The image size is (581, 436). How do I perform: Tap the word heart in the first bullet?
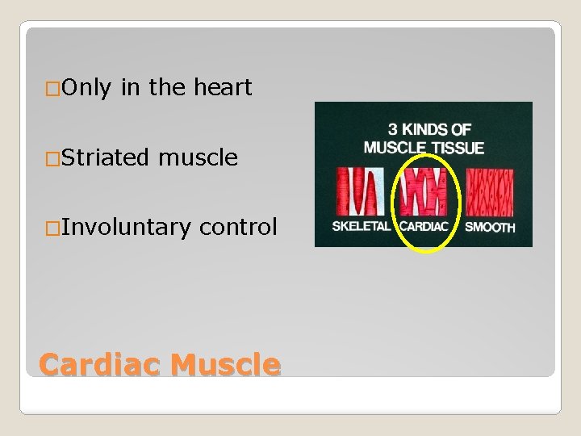223,87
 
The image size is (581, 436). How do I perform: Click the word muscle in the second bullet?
199,157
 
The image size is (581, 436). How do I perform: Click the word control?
238,227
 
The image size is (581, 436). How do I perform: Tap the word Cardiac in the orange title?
102,365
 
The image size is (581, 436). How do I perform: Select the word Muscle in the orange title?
226,365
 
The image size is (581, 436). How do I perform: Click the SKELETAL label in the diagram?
361,226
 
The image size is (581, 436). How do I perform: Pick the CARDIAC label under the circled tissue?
424,226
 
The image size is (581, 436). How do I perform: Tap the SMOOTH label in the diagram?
490,227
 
